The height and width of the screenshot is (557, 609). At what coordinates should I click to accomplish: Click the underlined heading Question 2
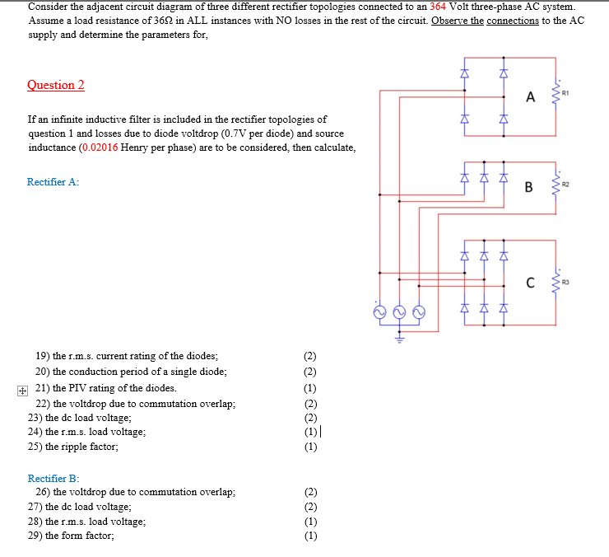56,85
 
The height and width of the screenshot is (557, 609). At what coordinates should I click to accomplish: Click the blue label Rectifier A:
53,182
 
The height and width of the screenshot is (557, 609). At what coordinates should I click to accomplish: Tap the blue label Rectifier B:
53,478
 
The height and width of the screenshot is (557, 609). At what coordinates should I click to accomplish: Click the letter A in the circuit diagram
530,97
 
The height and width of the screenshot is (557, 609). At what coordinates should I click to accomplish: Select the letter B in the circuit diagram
530,187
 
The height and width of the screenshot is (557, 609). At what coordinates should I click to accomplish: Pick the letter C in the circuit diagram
531,284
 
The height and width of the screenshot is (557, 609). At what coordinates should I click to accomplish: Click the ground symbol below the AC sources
399,336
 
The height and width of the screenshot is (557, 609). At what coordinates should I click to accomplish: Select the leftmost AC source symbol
379,313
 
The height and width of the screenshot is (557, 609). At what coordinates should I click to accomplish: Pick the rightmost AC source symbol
419,313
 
